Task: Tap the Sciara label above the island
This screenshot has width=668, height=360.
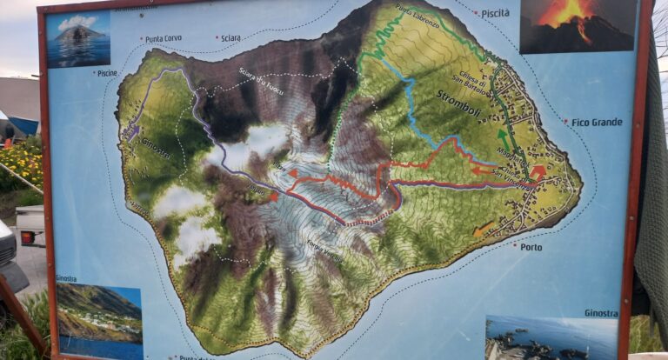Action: (230, 38)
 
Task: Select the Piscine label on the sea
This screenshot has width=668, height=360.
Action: (106, 73)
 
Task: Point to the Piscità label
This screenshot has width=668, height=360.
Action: (495, 13)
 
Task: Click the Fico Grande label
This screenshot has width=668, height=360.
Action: (597, 123)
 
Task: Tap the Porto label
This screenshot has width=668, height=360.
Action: (531, 247)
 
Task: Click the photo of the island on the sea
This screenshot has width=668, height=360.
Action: (78, 38)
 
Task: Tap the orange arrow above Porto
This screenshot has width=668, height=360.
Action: (483, 230)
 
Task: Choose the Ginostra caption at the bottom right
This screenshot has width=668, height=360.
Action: (601, 313)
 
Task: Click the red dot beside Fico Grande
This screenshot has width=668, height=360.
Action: (565, 123)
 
